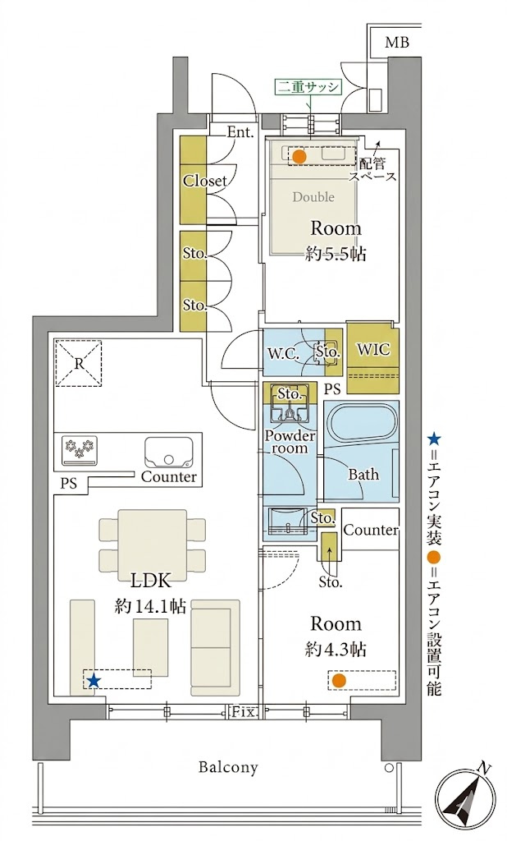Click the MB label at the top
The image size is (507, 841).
click(396, 43)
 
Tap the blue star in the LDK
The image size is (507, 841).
click(94, 681)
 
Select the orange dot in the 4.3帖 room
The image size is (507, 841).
click(338, 681)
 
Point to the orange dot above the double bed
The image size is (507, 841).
click(299, 157)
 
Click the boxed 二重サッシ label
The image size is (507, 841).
click(308, 87)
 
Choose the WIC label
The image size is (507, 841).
click(373, 350)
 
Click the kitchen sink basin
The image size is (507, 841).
click(168, 453)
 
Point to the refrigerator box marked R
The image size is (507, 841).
click(79, 364)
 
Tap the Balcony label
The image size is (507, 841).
click(228, 768)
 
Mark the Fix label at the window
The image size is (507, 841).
click(244, 712)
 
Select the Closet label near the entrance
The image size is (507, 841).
click(205, 181)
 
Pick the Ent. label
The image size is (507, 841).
click(240, 132)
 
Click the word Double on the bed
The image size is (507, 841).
click(313, 197)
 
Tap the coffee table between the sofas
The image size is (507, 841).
click(151, 647)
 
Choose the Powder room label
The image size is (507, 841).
click(290, 441)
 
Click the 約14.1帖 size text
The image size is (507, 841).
click(151, 607)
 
